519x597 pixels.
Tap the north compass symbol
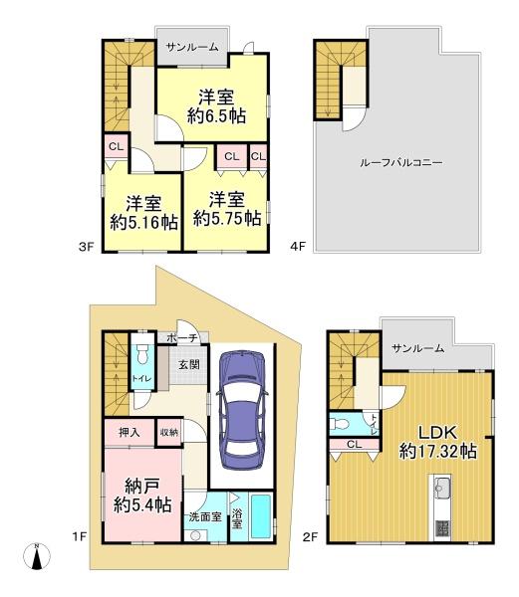(37, 556)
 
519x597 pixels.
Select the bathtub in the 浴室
(261, 516)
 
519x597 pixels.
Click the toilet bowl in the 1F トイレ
(142, 354)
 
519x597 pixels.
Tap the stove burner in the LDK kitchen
(442, 528)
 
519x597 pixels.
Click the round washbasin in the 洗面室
(195, 535)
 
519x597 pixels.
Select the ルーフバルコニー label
(400, 163)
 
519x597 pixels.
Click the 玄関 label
(189, 365)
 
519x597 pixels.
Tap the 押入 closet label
(130, 433)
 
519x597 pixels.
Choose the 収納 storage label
(168, 433)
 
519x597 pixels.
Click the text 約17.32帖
(437, 452)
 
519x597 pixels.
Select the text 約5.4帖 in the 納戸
(142, 505)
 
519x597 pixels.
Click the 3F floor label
(86, 247)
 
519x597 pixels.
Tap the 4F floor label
(298, 247)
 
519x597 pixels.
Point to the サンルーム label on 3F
(193, 47)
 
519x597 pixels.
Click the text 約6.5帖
(216, 115)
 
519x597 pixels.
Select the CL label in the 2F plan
(354, 445)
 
